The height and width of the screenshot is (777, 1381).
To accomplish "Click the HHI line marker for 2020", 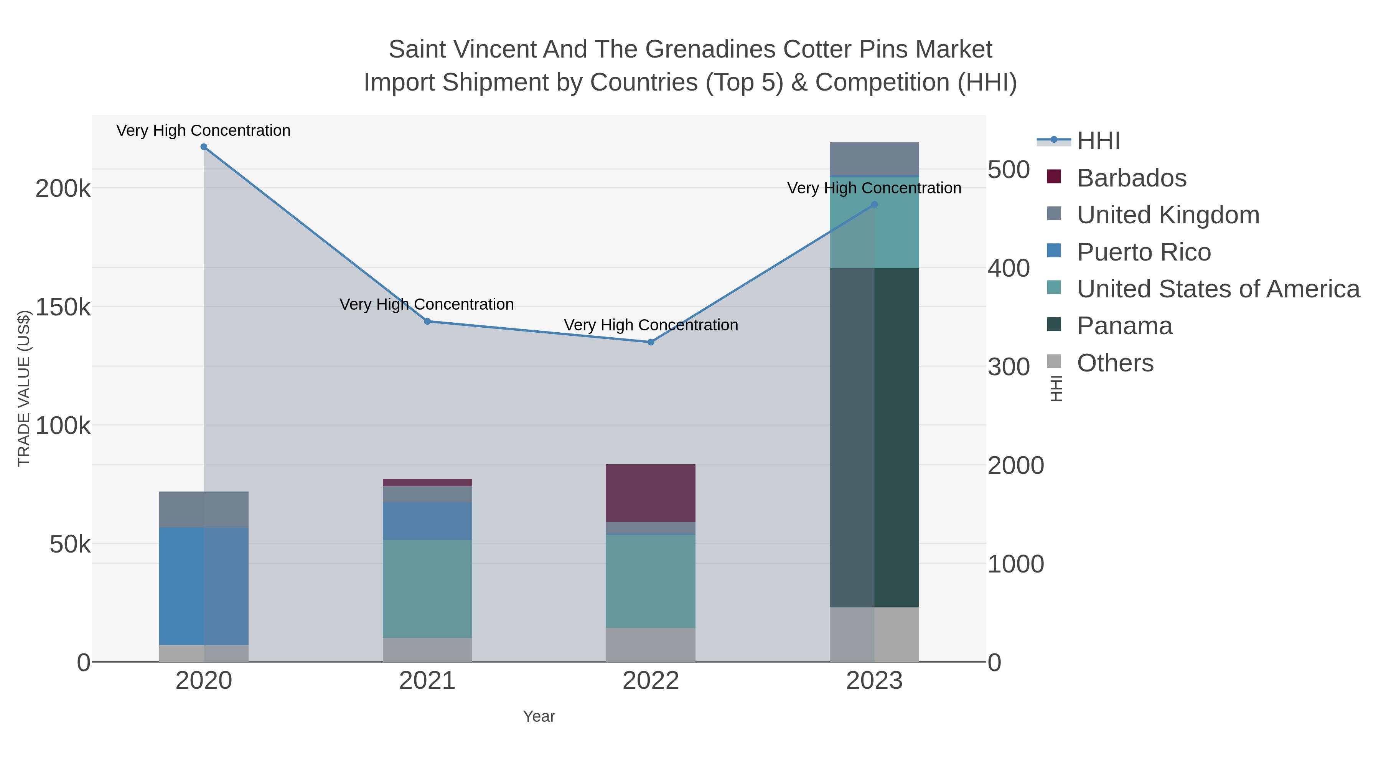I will coord(204,147).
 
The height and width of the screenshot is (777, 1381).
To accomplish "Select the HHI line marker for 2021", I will coord(427,321).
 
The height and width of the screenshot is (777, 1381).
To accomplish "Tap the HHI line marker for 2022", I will coord(651,342).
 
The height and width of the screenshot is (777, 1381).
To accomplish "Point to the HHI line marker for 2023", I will coord(874,204).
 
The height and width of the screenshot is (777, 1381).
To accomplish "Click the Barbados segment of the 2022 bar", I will coord(651,493).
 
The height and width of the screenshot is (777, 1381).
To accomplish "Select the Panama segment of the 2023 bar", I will coord(874,437).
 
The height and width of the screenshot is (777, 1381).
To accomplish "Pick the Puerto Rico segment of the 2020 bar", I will coord(204,586).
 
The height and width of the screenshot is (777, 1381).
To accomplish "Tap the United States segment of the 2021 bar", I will coord(427,588).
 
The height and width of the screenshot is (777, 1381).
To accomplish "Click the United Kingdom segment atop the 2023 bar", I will coord(874,159).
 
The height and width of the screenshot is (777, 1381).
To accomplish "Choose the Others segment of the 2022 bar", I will coord(651,645).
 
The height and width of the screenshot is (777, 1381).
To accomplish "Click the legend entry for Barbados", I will coord(1132,178).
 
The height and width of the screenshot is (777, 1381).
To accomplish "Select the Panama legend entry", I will coord(1124,326).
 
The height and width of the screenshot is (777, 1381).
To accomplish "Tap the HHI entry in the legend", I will coord(1098,141).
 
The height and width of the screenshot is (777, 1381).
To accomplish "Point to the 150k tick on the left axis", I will coord(63,308).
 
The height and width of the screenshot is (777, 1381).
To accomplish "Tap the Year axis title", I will coord(539,716).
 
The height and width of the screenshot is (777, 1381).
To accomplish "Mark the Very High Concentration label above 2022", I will coord(651,325).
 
